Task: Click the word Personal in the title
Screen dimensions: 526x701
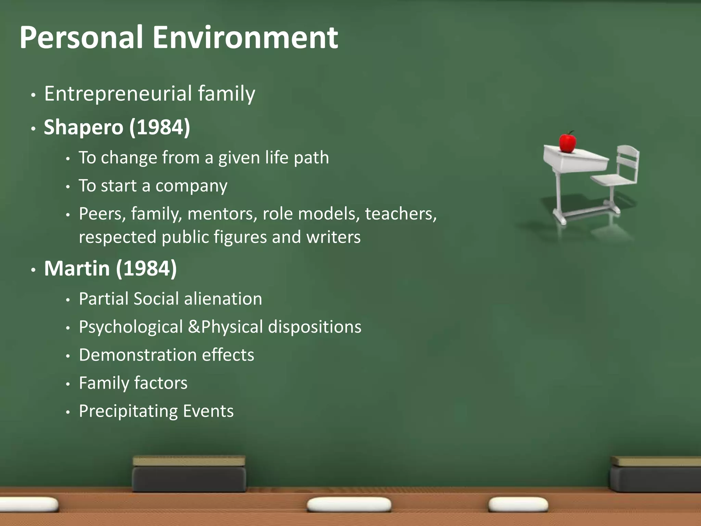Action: click(x=81, y=38)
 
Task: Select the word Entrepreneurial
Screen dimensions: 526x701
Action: click(x=118, y=93)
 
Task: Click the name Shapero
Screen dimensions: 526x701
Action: click(x=84, y=127)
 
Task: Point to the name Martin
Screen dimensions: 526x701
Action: click(x=77, y=268)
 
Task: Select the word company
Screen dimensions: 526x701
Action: click(x=191, y=186)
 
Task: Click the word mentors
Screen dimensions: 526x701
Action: click(x=222, y=214)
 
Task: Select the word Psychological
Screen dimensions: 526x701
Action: click(x=131, y=327)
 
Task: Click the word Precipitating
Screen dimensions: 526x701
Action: click(x=128, y=411)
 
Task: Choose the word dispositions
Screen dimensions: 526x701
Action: click(x=315, y=327)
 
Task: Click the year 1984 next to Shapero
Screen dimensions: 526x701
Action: click(x=160, y=127)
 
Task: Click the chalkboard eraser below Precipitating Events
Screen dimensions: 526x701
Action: click(x=189, y=474)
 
